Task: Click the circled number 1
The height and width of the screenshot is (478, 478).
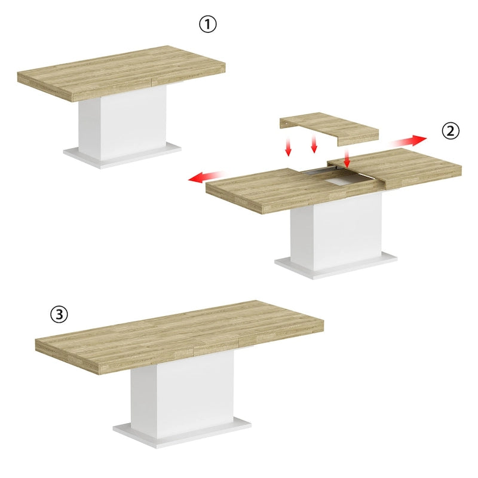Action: [x=207, y=24]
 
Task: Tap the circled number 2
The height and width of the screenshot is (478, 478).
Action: [x=451, y=131]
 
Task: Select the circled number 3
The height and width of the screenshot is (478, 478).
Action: [x=58, y=314]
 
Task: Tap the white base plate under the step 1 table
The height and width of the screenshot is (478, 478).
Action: [x=122, y=157]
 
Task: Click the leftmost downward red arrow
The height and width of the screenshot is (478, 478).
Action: [x=288, y=147]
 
